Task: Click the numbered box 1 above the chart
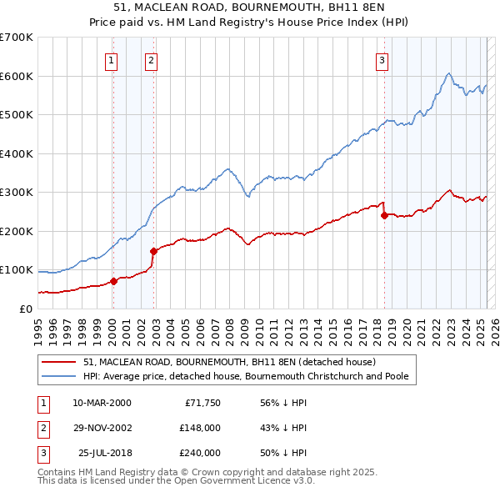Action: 112,59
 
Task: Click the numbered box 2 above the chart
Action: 151,59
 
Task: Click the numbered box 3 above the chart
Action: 382,59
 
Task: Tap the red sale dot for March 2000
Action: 114,281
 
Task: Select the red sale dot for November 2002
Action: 154,251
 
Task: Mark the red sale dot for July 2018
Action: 384,215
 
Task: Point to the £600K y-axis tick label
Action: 17,76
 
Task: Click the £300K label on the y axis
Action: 17,192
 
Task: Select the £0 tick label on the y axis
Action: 24,309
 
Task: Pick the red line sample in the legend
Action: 59,362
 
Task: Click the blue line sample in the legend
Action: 59,376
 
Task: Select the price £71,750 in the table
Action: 200,403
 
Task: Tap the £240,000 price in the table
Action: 200,453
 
